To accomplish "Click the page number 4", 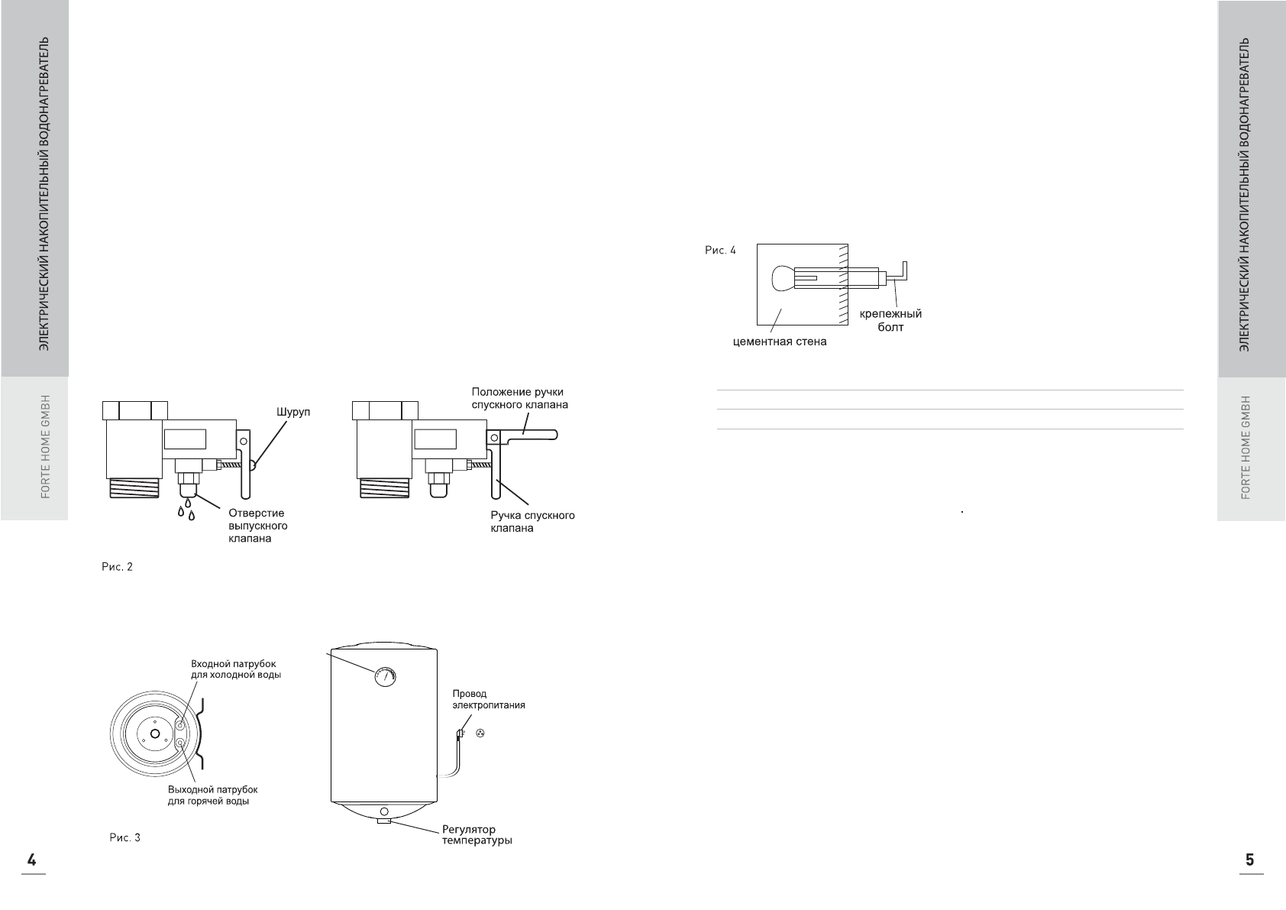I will click(32, 859).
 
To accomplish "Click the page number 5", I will click(1249, 859).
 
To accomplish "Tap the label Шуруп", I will click(293, 413).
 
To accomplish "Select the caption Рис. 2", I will click(118, 567).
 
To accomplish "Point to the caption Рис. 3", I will click(125, 837).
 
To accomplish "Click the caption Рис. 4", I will click(720, 250).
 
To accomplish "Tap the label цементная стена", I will click(779, 342).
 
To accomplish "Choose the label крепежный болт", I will click(890, 320).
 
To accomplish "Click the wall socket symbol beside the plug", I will click(480, 734).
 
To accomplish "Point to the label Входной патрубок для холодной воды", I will click(235, 669).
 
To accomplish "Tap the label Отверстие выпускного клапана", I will click(257, 526).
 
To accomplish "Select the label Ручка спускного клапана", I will click(532, 521).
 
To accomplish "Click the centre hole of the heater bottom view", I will click(155, 734).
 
